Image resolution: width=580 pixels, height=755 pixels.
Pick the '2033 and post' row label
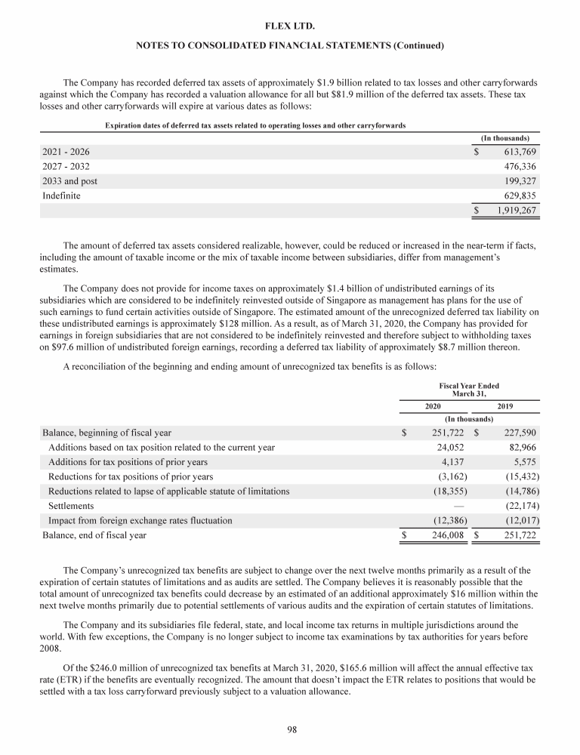click(x=69, y=181)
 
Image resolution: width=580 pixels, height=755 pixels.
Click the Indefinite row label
click(x=61, y=196)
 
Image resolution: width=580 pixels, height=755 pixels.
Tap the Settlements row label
click(x=71, y=506)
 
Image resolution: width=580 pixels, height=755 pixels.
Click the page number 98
click(x=290, y=729)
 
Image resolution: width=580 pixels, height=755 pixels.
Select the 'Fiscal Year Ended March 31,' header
click(x=469, y=390)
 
